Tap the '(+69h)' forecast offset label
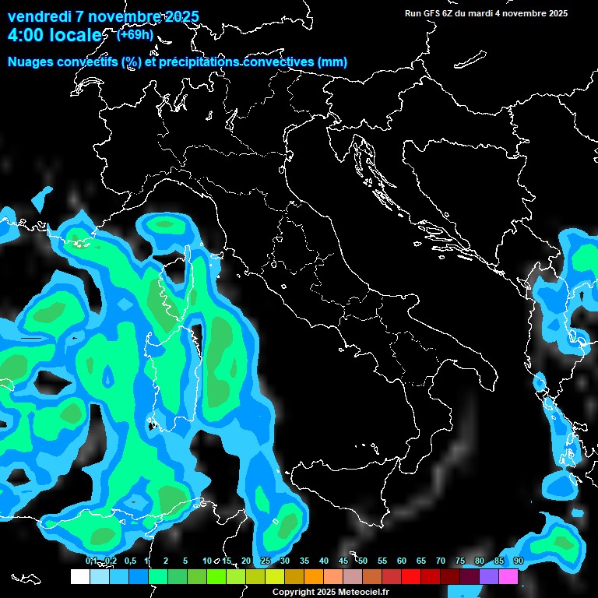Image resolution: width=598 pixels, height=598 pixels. pos(134,34)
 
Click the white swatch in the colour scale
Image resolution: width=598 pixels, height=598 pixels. pos(79,576)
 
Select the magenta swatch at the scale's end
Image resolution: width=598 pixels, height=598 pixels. pos(508,576)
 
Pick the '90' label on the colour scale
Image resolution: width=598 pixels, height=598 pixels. pos(519,561)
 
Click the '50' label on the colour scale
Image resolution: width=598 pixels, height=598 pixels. pos(363,561)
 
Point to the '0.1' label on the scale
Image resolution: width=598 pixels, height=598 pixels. pos(91,561)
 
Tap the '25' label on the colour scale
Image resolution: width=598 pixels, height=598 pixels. pos(266,561)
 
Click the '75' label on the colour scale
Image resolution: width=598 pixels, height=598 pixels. pos(460,561)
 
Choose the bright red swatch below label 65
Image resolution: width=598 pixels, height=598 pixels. pos(411,576)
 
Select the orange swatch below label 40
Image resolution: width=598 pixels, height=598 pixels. pos(314,576)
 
